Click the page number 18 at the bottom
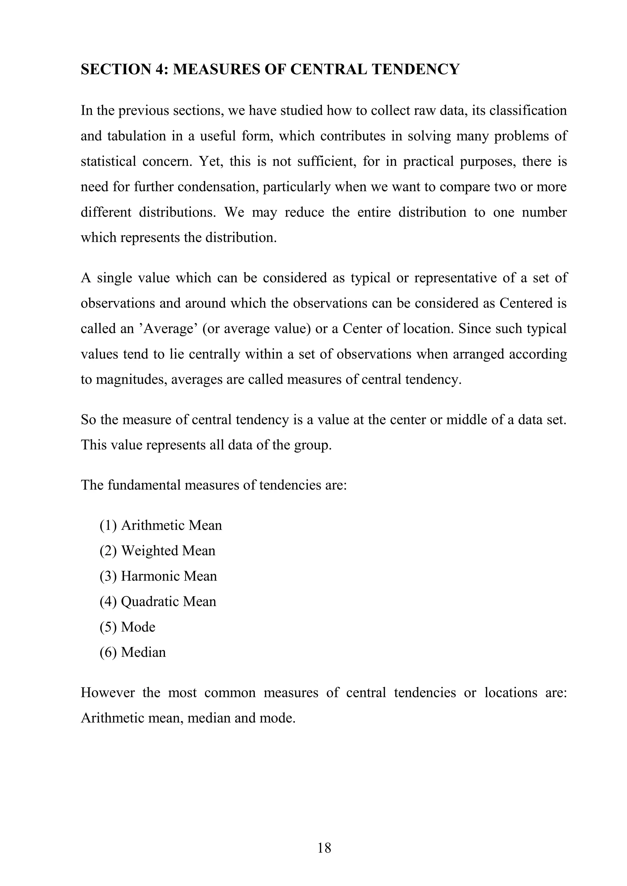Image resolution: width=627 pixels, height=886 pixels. point(324,848)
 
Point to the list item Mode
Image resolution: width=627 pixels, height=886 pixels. point(138,627)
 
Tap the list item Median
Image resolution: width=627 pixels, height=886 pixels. point(143,653)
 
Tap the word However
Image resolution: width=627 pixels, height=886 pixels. point(108,693)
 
